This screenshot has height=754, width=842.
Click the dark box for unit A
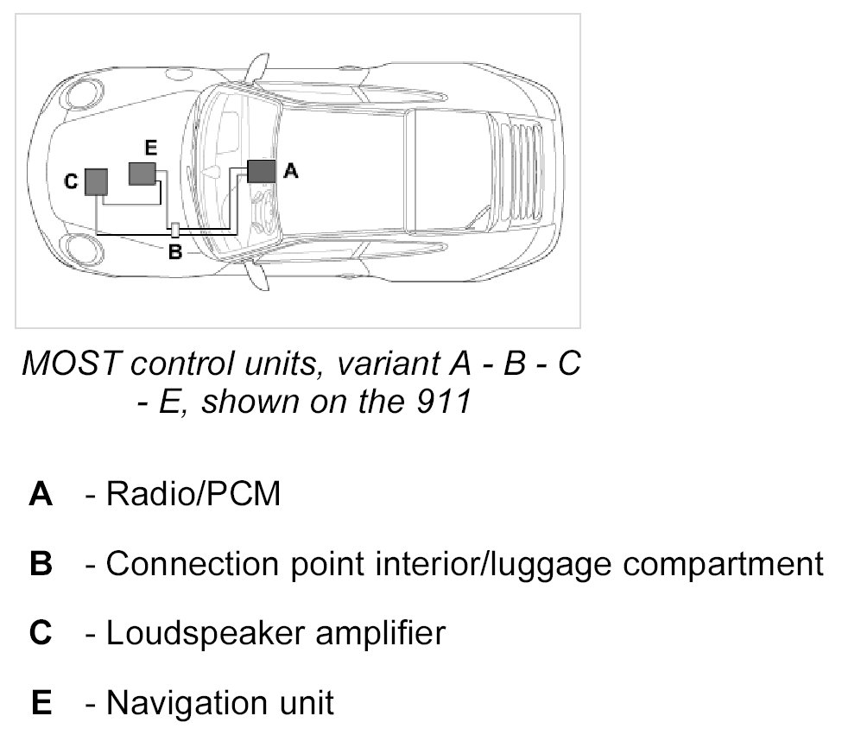click(261, 170)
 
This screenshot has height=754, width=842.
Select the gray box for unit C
click(96, 181)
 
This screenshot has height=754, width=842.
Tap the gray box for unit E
click(142, 173)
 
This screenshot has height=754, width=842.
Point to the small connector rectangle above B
click(175, 230)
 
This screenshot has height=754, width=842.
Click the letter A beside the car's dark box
click(291, 172)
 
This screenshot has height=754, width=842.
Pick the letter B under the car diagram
click(174, 252)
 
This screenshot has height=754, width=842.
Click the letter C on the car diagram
click(72, 181)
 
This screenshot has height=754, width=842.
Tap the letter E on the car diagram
click(150, 149)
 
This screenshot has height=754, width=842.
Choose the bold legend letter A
click(41, 495)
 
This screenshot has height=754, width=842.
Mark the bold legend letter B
click(41, 564)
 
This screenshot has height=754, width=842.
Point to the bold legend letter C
click(41, 633)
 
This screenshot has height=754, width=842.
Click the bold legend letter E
click(41, 702)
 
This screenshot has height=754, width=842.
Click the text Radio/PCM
click(193, 495)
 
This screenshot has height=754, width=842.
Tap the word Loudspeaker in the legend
click(204, 634)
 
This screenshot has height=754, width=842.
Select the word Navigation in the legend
click(187, 702)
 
